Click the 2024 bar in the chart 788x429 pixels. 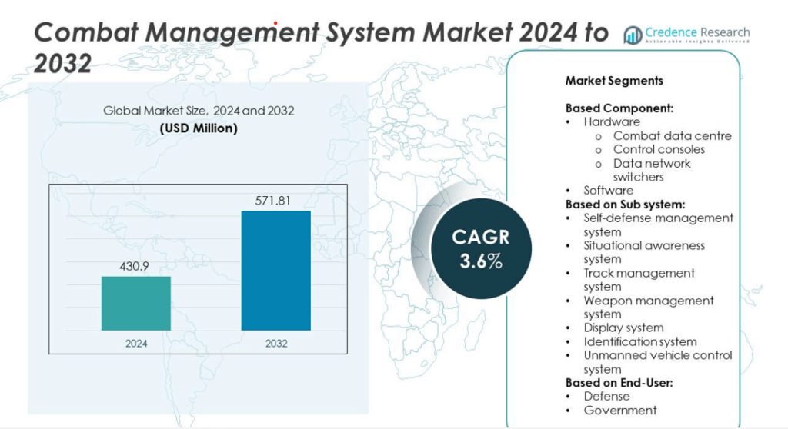coord(135,303)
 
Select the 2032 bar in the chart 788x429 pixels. coord(275,270)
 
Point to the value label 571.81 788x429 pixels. coord(275,201)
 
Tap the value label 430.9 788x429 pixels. coord(135,266)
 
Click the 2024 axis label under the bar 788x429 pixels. coord(135,343)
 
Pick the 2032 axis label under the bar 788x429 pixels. coord(275,343)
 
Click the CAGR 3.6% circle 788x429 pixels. coord(480,248)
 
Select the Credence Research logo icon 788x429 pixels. coord(633,35)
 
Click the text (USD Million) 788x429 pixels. coord(199,128)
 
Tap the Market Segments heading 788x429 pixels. coord(614,81)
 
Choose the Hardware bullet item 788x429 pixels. coord(611,121)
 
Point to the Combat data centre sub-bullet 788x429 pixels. coord(672,135)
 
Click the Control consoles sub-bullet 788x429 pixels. coord(659,149)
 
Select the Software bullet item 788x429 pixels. coord(608,191)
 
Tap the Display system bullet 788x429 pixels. coord(623,328)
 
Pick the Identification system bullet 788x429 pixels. coord(639,341)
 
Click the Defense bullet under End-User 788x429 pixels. coord(606,397)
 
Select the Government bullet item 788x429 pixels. coord(619,411)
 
